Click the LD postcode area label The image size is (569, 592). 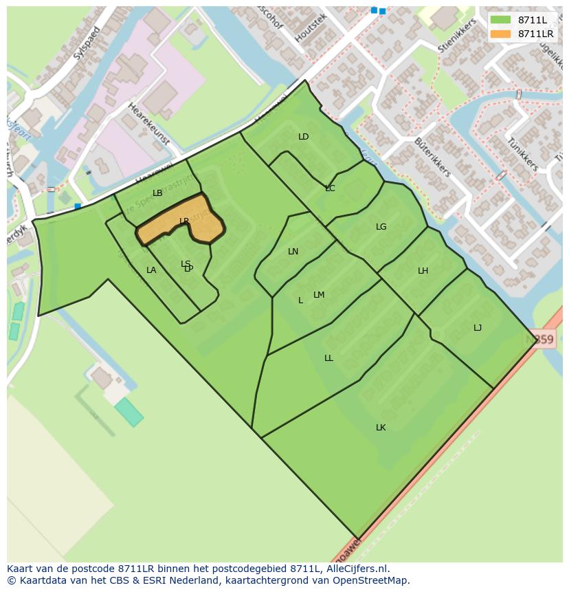pos(303,137)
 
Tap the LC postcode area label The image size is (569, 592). pos(330,188)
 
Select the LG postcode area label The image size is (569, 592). pos(381,227)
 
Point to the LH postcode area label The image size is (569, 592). pos(423,271)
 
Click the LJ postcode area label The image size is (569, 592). pos(478,328)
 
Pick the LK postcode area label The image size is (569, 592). pos(381,428)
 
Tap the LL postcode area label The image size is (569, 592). pos(328,358)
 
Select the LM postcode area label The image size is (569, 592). pos(319,295)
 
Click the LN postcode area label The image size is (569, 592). pos(293,252)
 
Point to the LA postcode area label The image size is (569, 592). pos(151,270)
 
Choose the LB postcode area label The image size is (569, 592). pos(157,193)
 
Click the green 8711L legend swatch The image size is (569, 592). pos(501,20)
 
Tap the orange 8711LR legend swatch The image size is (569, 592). pos(501,34)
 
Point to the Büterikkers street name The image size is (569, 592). pos(432,157)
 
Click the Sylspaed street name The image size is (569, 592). pos(87,43)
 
